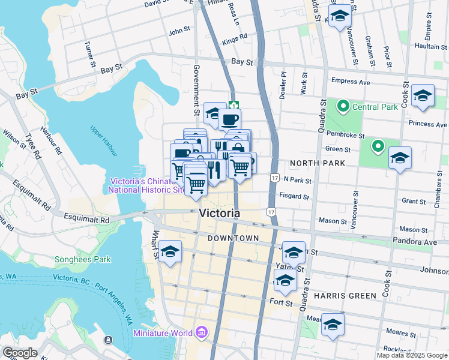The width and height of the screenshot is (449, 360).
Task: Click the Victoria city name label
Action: click(x=219, y=213)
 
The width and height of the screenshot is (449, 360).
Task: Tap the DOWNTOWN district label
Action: click(x=233, y=238)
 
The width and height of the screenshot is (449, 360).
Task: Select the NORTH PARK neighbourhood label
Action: click(x=317, y=163)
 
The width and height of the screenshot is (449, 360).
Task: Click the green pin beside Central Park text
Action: click(x=343, y=107)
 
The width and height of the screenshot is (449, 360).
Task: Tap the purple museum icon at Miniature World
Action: click(x=201, y=332)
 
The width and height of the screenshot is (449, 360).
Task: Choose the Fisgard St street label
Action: click(x=294, y=196)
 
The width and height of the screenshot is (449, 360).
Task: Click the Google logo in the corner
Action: click(x=19, y=353)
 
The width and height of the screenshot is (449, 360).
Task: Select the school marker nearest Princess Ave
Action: click(x=423, y=96)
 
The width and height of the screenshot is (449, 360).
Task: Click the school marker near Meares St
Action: click(x=333, y=325)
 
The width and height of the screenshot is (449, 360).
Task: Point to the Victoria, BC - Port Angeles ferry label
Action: click(x=90, y=296)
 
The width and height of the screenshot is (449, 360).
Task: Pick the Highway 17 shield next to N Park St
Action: click(x=274, y=178)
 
